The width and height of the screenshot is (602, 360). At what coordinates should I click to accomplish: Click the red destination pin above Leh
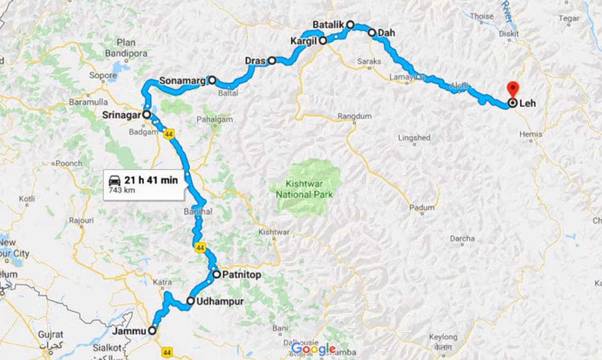512,89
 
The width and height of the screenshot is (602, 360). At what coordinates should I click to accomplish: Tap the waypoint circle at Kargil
323,40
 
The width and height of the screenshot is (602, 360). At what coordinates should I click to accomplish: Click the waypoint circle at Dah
372,33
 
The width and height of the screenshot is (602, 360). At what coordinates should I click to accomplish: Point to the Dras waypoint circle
271,61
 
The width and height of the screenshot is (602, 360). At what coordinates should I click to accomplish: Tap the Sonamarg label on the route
183,81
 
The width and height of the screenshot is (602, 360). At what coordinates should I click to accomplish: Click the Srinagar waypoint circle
146,114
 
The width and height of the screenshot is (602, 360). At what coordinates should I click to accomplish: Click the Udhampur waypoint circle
190,301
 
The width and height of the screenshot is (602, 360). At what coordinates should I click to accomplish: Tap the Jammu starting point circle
152,331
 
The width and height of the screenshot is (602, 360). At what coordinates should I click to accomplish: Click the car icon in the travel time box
115,180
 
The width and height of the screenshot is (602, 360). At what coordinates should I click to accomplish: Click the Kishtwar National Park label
304,190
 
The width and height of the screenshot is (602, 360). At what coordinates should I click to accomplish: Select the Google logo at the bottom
314,349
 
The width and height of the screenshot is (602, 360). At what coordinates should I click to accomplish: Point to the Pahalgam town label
214,119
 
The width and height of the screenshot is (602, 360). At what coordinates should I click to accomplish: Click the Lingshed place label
414,138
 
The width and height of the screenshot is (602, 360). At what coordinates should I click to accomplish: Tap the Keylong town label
443,337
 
